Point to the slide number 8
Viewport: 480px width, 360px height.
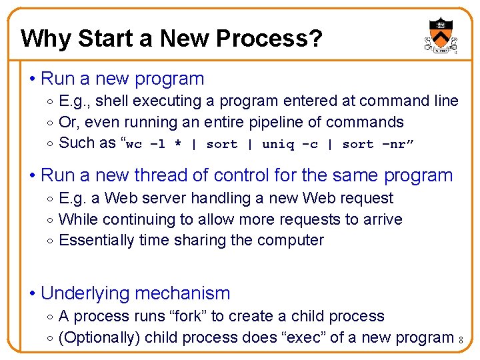461,341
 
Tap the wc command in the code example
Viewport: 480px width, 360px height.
134,144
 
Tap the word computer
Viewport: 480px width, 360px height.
290,241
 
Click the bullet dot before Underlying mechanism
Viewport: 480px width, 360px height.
32,293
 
